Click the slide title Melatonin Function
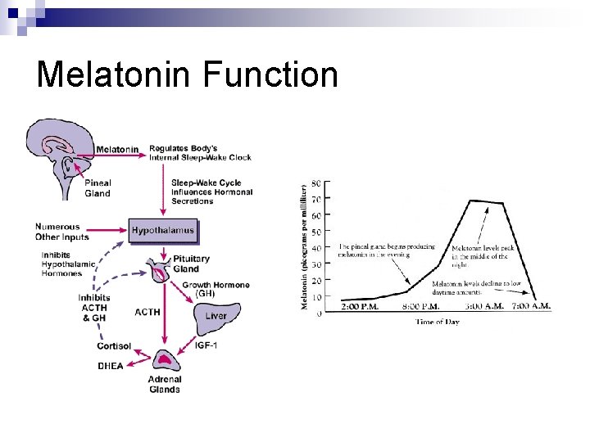[187, 74]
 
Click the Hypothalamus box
[163, 230]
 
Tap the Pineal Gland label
[98, 188]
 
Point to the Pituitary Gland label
[191, 264]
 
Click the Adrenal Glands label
[165, 384]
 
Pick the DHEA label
[110, 366]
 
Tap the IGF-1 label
[206, 345]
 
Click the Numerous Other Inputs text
[57, 232]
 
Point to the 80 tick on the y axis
[316, 183]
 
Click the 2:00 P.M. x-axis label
[362, 307]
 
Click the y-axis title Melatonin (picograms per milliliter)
[305, 246]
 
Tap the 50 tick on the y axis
[316, 232]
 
